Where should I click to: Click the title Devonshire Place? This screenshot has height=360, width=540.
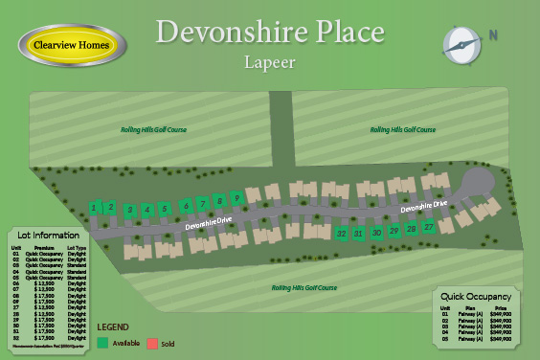tap(270, 31)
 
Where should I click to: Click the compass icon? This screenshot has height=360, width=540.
tap(462, 42)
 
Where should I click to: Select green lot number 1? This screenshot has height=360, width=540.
tap(94, 207)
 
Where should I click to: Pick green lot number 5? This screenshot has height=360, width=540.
tap(165, 209)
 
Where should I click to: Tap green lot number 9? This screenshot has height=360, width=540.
tap(236, 197)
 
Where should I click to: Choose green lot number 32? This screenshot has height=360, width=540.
tap(342, 234)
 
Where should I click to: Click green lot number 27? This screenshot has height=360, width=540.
tap(429, 226)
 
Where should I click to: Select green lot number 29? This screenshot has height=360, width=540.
tap(394, 231)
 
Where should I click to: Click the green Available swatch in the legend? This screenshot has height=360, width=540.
tap(102, 343)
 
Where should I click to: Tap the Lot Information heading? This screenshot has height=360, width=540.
tap(48, 236)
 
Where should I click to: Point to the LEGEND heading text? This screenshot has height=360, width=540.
tap(113, 326)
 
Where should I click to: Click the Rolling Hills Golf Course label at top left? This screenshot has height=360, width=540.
tap(153, 130)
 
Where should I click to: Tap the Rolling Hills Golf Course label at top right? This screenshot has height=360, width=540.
tap(403, 130)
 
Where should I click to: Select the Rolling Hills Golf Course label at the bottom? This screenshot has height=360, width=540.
tap(304, 287)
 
